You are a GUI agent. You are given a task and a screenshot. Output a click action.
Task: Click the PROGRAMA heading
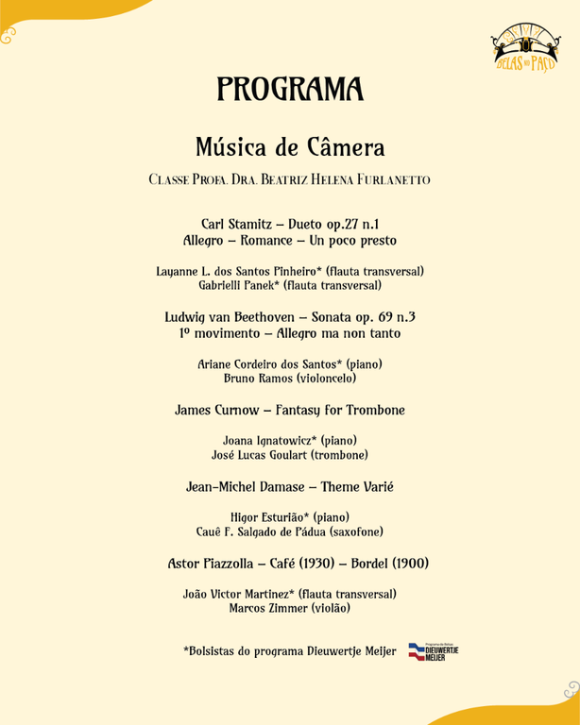click(x=290, y=89)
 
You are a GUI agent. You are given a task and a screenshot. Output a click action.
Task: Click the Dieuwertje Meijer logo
click(x=433, y=650)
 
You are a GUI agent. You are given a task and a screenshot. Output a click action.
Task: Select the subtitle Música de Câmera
click(x=290, y=147)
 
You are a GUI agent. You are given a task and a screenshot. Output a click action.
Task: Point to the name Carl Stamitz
click(x=235, y=223)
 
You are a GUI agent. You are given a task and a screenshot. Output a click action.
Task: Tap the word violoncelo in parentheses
click(x=327, y=379)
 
